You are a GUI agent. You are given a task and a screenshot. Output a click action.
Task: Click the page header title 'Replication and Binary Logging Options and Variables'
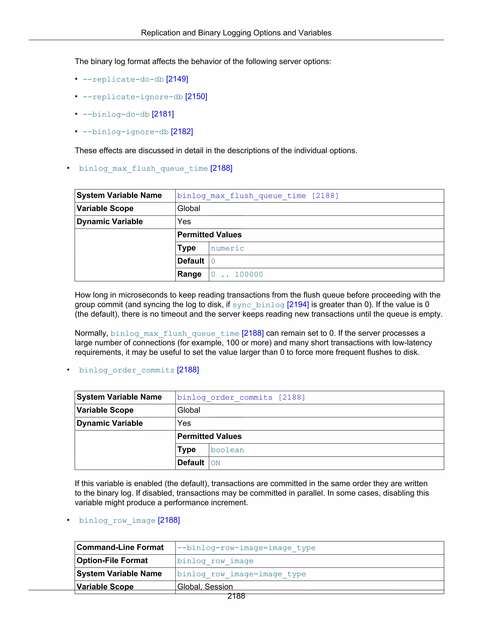[236, 33]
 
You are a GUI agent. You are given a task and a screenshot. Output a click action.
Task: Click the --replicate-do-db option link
[123, 79]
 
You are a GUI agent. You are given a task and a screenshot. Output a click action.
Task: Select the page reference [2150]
[196, 97]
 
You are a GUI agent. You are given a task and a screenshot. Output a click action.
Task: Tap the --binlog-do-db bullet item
[116, 114]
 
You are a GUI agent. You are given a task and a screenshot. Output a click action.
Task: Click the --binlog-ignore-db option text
[126, 132]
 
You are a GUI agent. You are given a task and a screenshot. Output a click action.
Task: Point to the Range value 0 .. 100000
[237, 274]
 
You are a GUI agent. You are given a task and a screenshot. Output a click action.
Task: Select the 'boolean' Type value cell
[227, 450]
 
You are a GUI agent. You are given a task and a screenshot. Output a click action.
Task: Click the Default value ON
[215, 463]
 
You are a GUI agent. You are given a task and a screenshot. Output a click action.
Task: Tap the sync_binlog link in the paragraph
[258, 305]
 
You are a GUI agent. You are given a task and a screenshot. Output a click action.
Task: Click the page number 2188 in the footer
[236, 596]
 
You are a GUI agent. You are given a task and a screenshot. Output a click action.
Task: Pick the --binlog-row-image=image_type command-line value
[246, 548]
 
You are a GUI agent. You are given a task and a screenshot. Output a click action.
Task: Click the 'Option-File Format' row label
[112, 561]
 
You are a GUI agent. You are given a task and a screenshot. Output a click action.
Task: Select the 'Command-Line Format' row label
[120, 548]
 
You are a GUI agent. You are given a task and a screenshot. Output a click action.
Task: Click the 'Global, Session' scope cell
[205, 587]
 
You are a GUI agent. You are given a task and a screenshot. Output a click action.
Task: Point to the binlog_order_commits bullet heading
[127, 370]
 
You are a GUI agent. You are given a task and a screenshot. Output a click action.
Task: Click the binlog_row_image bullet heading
[117, 520]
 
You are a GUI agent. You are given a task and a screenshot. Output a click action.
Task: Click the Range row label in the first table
[189, 274]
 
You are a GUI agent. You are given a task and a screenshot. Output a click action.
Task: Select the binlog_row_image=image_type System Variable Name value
[241, 574]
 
